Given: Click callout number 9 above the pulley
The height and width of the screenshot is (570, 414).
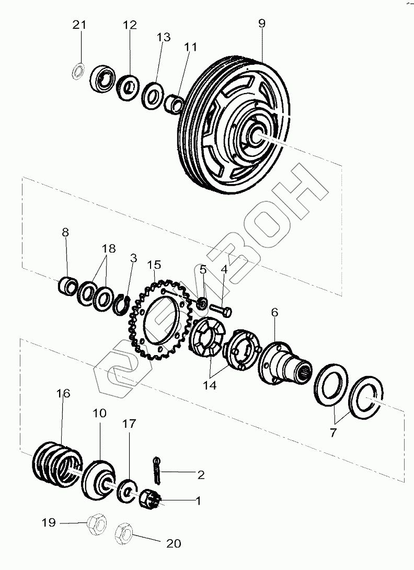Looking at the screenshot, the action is point(261,23).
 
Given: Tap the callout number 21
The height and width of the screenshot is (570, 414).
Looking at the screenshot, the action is point(79,25).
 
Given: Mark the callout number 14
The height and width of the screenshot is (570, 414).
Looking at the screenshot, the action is point(210,386).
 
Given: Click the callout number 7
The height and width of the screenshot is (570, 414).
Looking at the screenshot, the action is point(333,432).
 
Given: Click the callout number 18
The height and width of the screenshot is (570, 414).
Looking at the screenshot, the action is point(109,248).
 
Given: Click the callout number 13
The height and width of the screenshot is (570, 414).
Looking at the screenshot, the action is point(163,37).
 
